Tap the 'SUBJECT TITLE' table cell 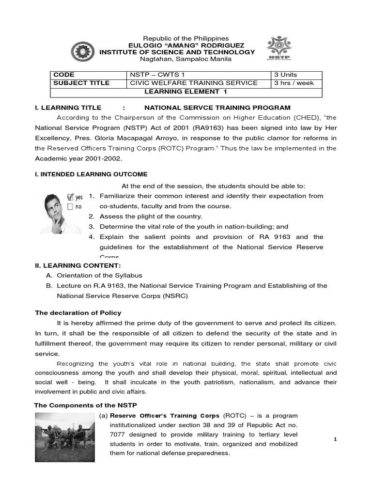(x=81, y=83)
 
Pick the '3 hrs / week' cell (x=294, y=83)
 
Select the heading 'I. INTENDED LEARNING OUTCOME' (x=91, y=174)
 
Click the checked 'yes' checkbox (x=70, y=197)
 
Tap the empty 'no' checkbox (x=70, y=206)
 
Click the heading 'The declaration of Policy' (x=78, y=312)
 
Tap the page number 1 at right (x=335, y=439)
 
